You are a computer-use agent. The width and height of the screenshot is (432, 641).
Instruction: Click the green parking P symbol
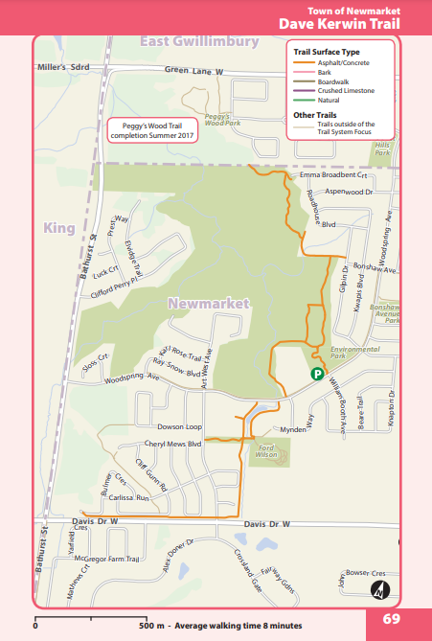coord(317,374)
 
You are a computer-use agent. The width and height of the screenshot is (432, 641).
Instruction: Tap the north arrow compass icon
coord(379,589)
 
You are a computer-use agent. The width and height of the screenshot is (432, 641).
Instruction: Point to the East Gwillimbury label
coord(199,42)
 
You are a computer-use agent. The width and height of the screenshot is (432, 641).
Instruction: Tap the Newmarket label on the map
coord(208,303)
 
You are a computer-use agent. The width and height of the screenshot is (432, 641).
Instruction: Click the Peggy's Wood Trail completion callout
coord(152,129)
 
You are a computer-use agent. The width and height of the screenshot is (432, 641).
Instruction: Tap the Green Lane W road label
coord(193,71)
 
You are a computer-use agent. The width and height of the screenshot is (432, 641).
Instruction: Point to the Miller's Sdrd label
coord(62,67)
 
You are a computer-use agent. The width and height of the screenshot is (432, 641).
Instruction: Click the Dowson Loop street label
coord(181,424)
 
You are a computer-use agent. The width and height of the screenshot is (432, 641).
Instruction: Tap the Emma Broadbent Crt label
coord(333,175)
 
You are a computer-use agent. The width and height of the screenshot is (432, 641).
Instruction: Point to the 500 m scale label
coord(151,625)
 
